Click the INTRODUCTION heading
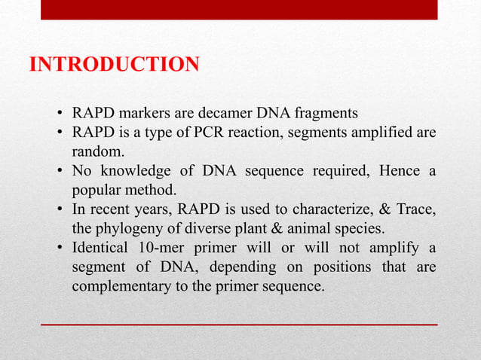click(x=114, y=65)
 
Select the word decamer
click(x=224, y=114)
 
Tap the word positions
click(x=356, y=267)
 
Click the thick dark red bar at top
click(x=239, y=10)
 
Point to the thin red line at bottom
click(x=239, y=324)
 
